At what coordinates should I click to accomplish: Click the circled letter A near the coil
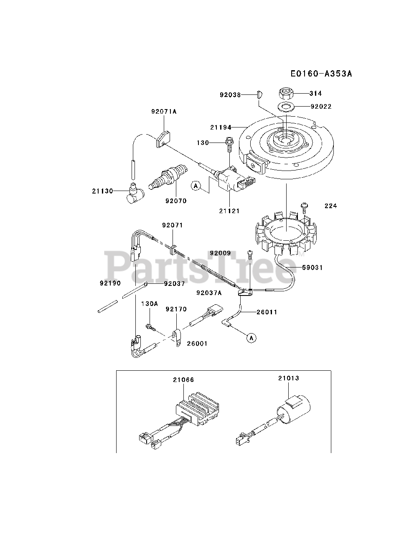196,186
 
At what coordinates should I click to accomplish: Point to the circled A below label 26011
251,338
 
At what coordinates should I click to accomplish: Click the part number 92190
110,283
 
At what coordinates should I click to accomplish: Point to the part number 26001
197,344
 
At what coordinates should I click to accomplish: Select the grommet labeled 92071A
164,137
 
